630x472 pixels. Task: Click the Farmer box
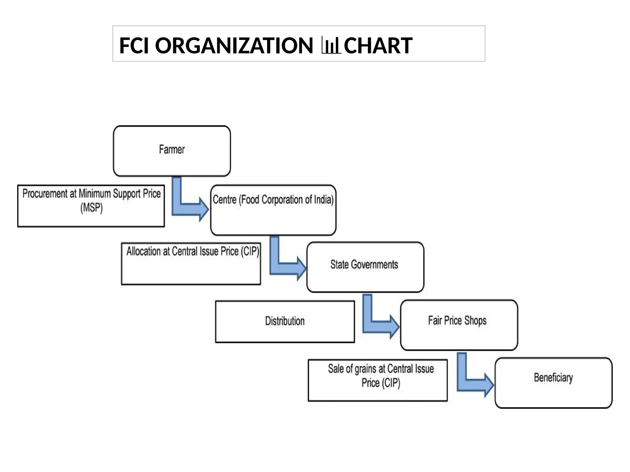coord(172,151)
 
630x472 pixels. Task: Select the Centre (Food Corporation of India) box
coord(273,210)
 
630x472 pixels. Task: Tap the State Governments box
coord(365,267)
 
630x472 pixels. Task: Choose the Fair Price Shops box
coord(459,325)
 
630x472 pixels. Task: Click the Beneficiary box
coord(553,383)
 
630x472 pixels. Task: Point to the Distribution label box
coord(285,321)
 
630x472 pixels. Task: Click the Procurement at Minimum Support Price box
coord(91,206)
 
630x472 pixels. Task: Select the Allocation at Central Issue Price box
coord(191,264)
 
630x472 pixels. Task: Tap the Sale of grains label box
coord(377,380)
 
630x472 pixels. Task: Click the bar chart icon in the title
coord(331,45)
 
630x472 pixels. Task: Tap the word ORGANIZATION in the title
coord(234,45)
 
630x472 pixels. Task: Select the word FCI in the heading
coord(135,45)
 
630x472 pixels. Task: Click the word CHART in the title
coord(378,45)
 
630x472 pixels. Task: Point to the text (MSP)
coord(91,208)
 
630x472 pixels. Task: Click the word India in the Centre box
coord(323,200)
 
